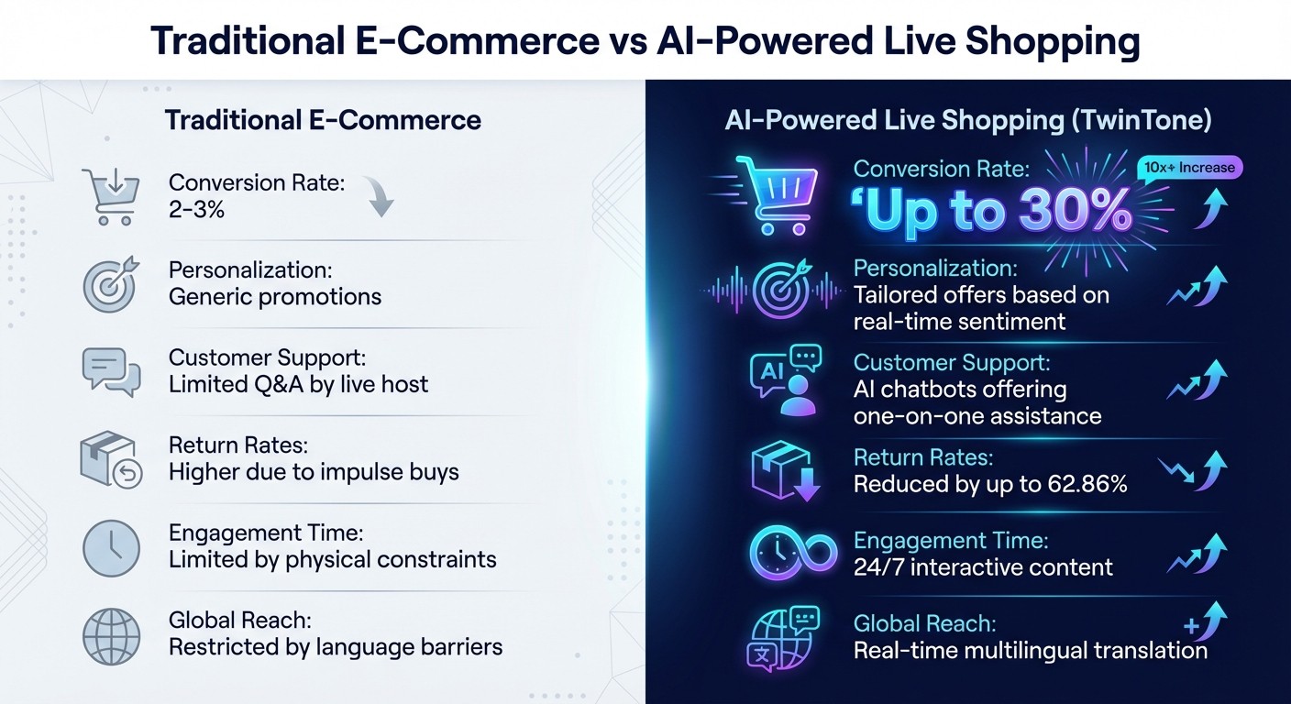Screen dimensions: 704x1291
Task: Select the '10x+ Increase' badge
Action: pos(1189,168)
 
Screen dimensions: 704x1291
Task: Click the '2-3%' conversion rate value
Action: pos(196,210)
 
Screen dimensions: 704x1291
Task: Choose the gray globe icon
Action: pos(111,636)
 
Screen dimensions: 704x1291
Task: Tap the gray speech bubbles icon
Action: pos(111,371)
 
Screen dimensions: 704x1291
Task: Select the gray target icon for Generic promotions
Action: pos(111,284)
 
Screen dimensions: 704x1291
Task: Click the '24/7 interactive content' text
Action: pos(983,567)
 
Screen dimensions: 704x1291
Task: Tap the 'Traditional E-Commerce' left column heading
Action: pos(323,120)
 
